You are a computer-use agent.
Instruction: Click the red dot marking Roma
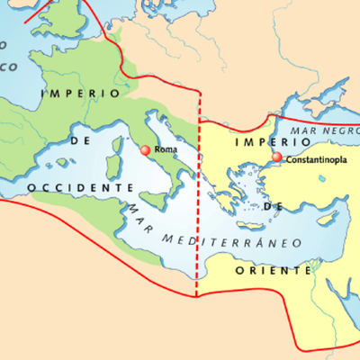point(145,149)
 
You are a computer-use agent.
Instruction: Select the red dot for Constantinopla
point(276,157)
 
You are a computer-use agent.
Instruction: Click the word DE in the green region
point(77,141)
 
